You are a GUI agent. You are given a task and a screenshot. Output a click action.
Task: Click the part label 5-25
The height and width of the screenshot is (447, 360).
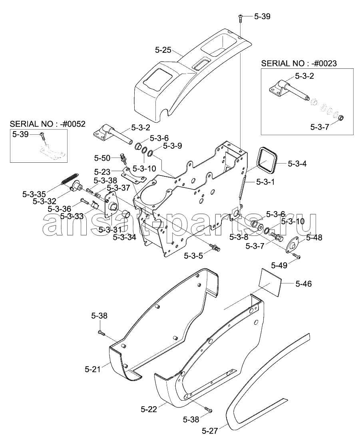[163, 50]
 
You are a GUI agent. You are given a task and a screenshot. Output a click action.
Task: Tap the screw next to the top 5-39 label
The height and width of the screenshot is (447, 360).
[241, 17]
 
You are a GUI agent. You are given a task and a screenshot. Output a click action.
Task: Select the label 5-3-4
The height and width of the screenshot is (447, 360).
[297, 164]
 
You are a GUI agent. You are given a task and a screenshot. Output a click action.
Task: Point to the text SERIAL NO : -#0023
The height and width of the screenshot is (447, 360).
[299, 64]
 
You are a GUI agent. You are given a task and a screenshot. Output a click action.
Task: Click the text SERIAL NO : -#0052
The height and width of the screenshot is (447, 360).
[48, 124]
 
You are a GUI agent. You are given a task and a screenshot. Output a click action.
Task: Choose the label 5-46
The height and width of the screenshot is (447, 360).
[304, 284]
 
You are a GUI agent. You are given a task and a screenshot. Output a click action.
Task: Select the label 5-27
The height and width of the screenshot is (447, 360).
[210, 431]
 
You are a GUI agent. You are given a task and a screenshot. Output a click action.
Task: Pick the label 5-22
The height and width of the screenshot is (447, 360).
[149, 409]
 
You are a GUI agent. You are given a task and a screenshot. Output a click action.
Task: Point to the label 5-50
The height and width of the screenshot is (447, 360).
[102, 158]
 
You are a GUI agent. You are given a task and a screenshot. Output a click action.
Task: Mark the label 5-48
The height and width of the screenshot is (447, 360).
[314, 237]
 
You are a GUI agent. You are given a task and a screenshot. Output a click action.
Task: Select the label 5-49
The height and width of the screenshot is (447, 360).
[279, 265]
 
